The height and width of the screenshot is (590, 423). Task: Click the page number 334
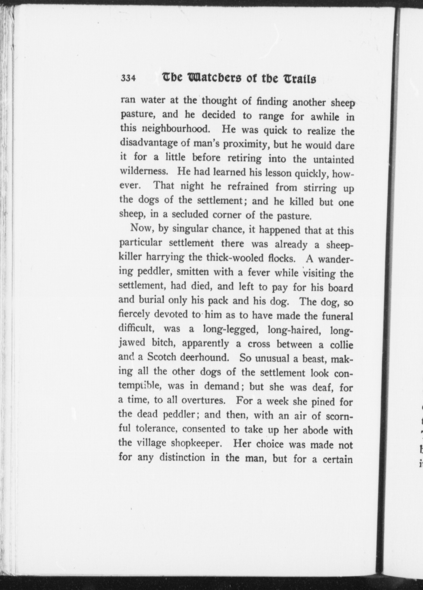(128, 78)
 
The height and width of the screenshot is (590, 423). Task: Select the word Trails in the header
(299, 79)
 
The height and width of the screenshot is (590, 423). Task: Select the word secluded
(190, 215)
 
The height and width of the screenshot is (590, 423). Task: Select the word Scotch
(162, 357)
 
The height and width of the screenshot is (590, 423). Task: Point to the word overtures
(203, 400)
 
